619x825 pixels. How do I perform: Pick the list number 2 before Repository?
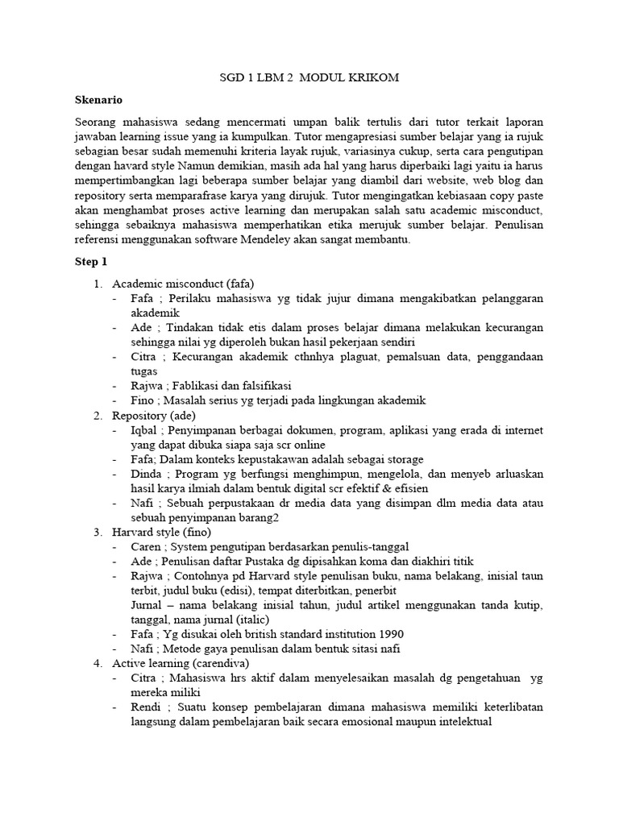98,416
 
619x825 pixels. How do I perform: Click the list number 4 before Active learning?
98,663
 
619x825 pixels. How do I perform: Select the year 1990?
390,633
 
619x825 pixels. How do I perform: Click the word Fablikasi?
197,386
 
